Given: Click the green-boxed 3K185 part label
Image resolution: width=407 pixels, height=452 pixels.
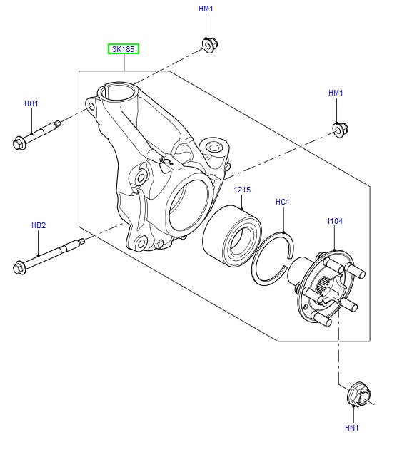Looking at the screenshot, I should [x=124, y=49].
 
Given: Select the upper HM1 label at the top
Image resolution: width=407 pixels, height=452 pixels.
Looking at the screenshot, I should [x=206, y=9].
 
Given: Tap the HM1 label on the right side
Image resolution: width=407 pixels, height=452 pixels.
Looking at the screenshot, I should [x=336, y=93].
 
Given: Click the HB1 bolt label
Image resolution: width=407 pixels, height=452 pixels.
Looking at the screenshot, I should [x=31, y=104].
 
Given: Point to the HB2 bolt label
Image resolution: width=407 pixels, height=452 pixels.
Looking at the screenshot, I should [x=38, y=225].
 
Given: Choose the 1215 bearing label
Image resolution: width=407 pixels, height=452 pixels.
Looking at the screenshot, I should [x=243, y=190].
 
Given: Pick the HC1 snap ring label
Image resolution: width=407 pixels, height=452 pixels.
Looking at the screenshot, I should [x=283, y=202].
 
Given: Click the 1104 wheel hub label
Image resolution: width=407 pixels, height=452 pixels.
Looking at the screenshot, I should [x=335, y=222].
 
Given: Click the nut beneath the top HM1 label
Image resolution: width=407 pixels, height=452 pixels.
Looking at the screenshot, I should [x=208, y=46].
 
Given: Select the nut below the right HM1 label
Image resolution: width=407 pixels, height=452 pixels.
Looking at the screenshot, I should [x=339, y=130].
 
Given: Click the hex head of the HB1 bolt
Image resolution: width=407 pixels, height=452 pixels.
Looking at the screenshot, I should [x=19, y=143].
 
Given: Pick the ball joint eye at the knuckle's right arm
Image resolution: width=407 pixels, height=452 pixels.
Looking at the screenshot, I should [x=213, y=148].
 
